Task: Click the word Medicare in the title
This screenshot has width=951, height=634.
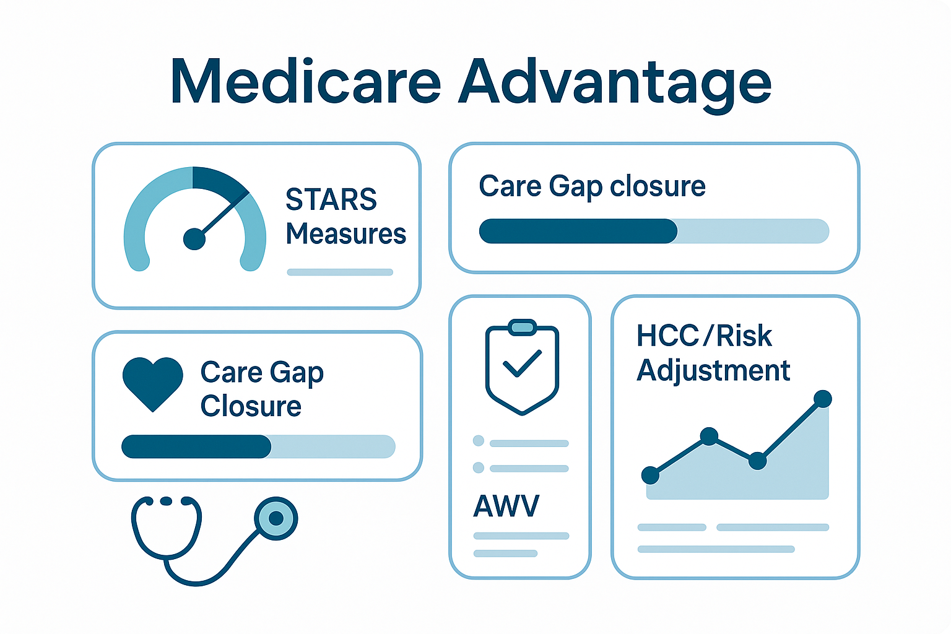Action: coord(306,80)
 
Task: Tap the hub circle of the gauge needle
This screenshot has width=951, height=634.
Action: coord(194,239)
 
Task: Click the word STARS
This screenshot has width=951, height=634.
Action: coord(331,199)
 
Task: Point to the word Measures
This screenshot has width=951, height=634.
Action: coord(346,233)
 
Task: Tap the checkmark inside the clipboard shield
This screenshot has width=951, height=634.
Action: coord(522,363)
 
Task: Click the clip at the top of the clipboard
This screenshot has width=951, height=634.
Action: coord(523,328)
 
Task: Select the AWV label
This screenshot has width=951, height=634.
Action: coord(506,506)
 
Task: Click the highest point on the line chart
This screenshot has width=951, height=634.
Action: coord(823,399)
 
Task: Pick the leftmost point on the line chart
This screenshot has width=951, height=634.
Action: coord(650,475)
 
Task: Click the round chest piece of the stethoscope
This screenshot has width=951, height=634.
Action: coord(276,518)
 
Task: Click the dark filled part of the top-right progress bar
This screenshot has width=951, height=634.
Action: coord(578,231)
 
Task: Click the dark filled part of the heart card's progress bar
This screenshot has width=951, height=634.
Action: coord(196,447)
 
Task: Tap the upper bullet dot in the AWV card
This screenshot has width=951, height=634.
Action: coord(479,441)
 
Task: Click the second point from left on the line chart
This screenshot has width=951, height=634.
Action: coord(709,436)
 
